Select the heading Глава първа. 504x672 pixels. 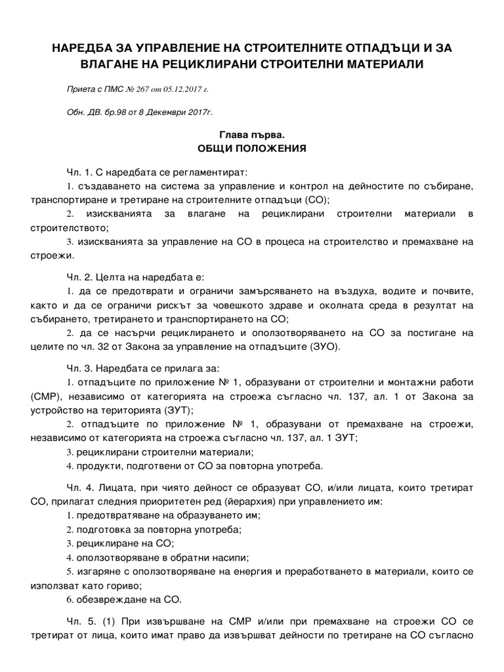point(252,134)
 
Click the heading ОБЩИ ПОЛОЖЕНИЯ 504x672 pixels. point(252,148)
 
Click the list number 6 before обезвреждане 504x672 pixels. point(70,600)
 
